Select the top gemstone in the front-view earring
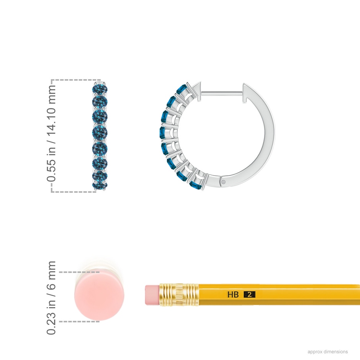tap(100, 89)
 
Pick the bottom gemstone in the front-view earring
tap(100, 185)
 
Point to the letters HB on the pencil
tap(233, 295)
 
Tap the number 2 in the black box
tap(249, 295)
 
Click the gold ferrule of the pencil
tap(179, 295)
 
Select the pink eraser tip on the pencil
tap(152, 295)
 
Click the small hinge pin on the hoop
tap(224, 182)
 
